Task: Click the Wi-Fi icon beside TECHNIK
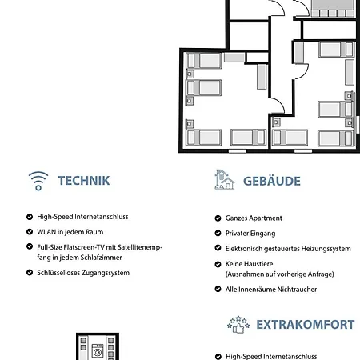pos(38,180)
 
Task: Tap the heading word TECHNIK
pos(84,181)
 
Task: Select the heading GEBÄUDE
pos(272,181)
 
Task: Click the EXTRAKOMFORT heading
pos(305,324)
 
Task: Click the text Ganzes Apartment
pos(254,218)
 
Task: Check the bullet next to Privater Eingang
pos(218,234)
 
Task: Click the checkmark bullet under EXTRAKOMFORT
pos(218,357)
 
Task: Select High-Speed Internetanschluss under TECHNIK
pos(82,217)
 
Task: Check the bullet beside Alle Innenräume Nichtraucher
pos(218,289)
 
